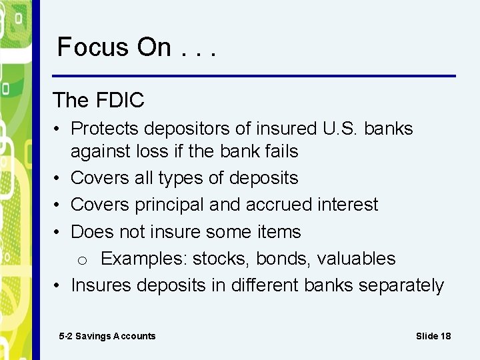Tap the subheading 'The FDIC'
99,100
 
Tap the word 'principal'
163,205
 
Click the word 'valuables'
356,259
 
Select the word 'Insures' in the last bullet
101,285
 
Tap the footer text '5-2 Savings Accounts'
107,336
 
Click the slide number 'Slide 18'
433,336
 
